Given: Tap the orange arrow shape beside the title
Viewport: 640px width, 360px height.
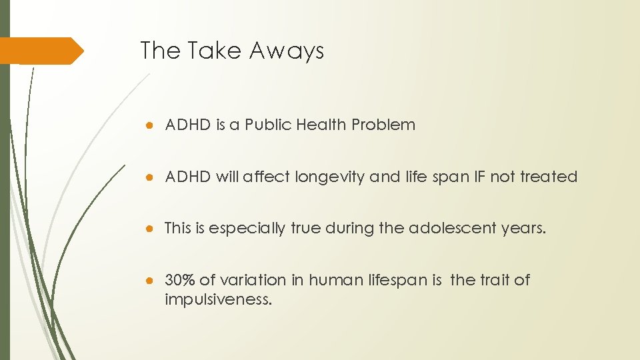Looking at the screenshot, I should [x=41, y=51].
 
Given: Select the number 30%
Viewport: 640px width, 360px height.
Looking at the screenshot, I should [x=179, y=280].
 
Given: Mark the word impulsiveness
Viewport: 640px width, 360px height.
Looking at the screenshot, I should [x=218, y=299].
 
